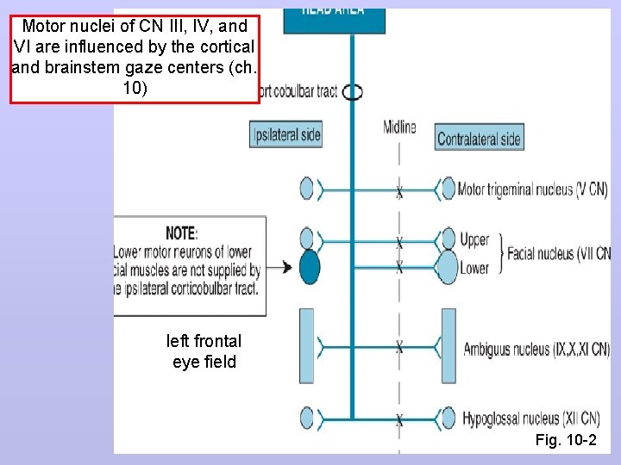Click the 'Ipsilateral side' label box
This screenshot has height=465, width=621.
[x=286, y=134]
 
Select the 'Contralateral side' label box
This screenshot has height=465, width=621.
[x=479, y=138]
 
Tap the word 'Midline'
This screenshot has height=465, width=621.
[x=399, y=127]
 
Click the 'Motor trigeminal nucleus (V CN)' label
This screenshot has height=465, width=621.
[x=533, y=189]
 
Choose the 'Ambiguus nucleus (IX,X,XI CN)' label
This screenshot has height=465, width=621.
[x=536, y=349]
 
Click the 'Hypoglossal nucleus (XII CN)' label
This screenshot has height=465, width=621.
[x=531, y=419]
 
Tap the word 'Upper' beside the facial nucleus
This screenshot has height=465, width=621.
[x=474, y=239]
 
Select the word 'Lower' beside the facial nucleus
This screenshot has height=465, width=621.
[x=474, y=268]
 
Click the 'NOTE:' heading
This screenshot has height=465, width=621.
[x=182, y=232]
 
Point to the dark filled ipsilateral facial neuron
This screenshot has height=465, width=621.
[x=309, y=268]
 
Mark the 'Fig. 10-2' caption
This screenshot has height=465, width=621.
[x=565, y=441]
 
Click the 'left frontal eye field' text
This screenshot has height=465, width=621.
[x=204, y=351]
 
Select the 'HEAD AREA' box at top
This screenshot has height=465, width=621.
[x=335, y=13]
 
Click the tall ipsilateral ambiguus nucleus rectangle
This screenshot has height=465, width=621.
[x=307, y=346]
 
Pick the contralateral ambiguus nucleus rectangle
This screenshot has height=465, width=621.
[x=448, y=346]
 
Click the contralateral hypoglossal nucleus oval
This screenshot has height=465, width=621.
[x=448, y=418]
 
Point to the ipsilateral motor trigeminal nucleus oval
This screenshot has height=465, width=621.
[x=307, y=189]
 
